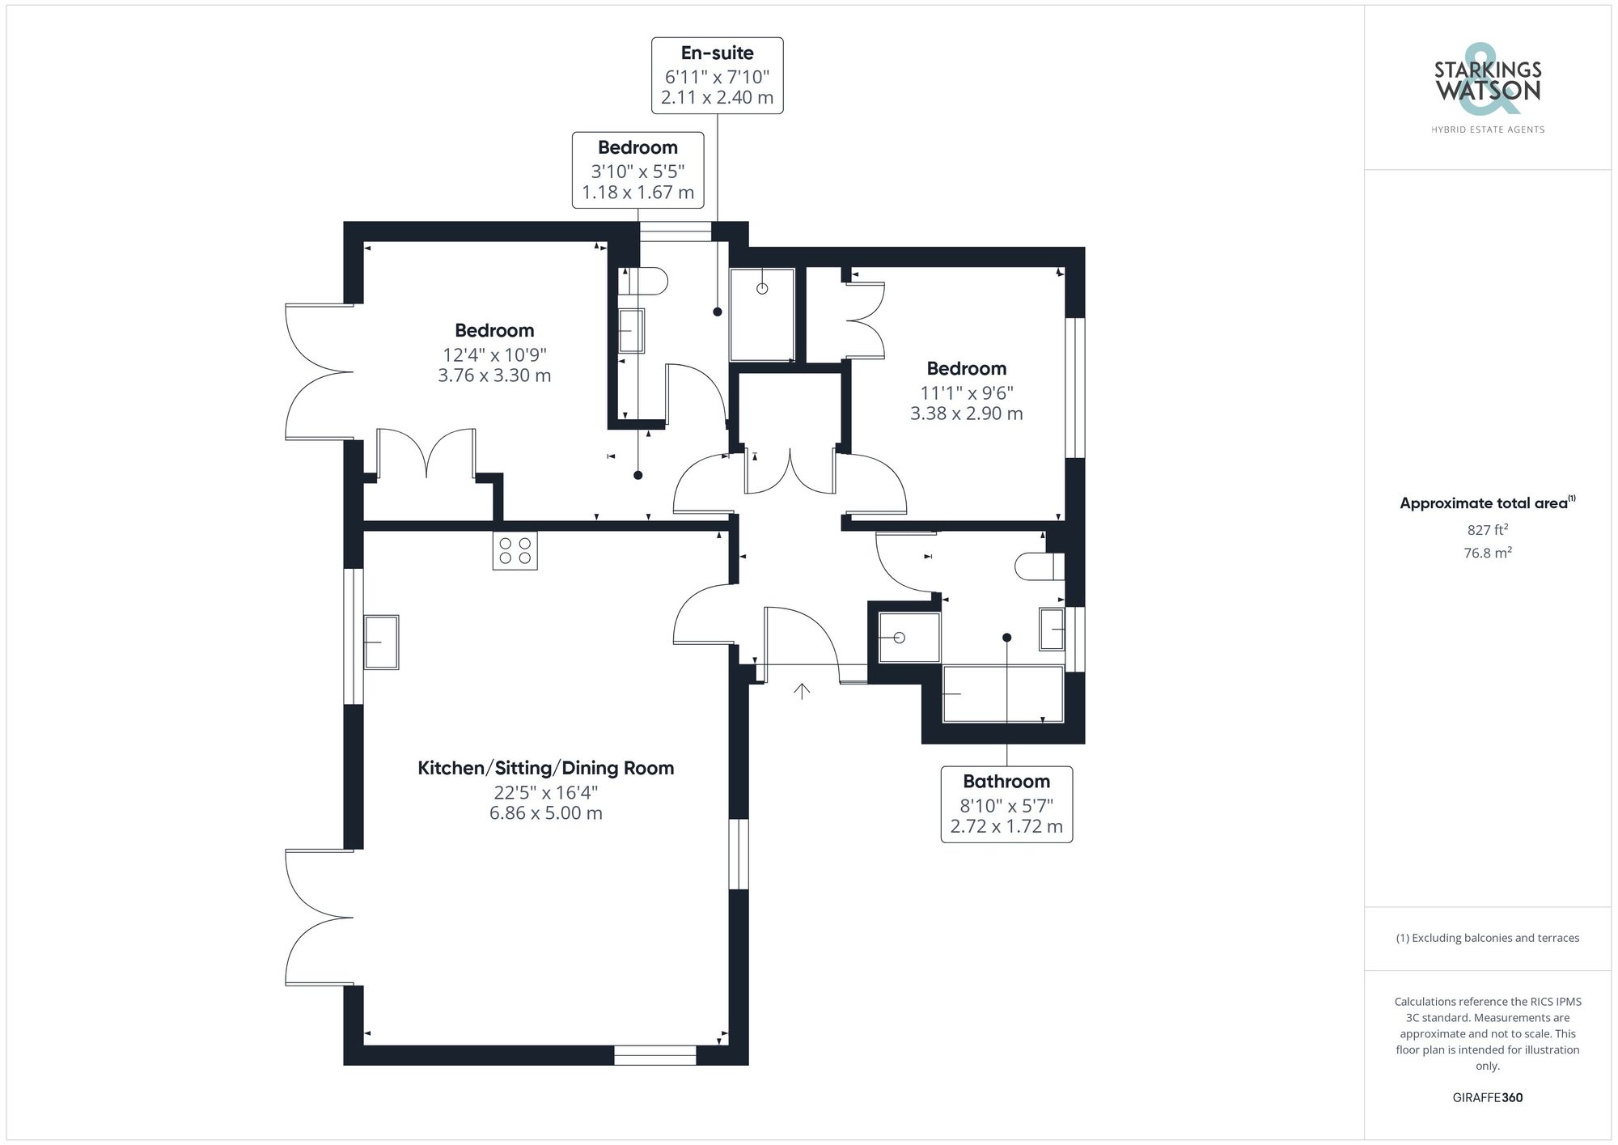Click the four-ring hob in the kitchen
tap(515, 551)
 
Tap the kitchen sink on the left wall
tap(381, 642)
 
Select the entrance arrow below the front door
tap(802, 691)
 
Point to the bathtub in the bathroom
tap(1003, 693)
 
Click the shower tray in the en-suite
tap(762, 315)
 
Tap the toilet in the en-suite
tap(647, 281)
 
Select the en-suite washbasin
tap(631, 330)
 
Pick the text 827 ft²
tap(1487, 530)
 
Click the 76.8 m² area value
tap(1487, 553)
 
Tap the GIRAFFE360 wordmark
tap(1487, 1097)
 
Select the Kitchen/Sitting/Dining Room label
tap(545, 768)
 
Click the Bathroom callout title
tap(1006, 782)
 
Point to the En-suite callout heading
tap(717, 53)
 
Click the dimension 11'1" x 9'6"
tap(966, 393)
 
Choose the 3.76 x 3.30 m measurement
tap(494, 375)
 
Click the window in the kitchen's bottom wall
tap(654, 1054)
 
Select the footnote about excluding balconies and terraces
tap(1487, 938)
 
